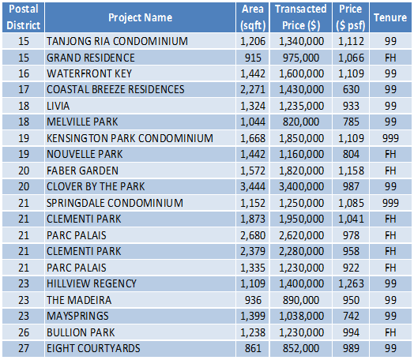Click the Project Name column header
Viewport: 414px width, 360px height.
140,17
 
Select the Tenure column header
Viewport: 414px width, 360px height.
390,17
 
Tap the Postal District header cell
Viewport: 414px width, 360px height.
24,17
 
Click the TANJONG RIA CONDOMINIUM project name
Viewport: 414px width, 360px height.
117,41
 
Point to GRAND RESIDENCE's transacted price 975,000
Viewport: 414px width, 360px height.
301,58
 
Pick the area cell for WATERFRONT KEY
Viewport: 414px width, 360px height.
253,73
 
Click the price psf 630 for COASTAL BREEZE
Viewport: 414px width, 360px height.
351,89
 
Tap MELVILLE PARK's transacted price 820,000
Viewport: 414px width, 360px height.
301,122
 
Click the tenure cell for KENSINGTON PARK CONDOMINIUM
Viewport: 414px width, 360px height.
390,138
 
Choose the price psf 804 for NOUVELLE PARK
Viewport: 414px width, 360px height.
351,154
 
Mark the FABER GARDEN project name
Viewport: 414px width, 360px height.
82,171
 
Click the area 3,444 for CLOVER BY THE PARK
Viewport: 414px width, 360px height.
253,186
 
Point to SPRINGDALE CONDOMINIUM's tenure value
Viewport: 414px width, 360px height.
390,203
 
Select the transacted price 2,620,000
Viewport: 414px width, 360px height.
301,235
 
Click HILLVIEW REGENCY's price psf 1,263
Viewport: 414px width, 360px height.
351,283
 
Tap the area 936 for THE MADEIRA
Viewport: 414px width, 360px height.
253,300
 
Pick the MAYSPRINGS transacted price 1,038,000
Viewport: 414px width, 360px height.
301,316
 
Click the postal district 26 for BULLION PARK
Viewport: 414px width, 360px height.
24,332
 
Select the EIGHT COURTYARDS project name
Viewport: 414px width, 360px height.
93,348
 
